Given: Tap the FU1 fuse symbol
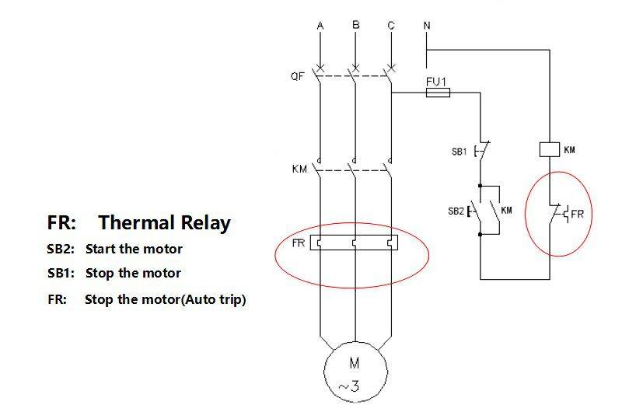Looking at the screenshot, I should pyautogui.click(x=437, y=93).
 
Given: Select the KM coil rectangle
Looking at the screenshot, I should pyautogui.click(x=550, y=149).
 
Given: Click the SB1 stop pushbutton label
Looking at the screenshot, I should pyautogui.click(x=458, y=152).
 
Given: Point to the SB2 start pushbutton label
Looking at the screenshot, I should pyautogui.click(x=456, y=211).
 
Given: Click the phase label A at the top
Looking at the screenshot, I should pyautogui.click(x=320, y=26).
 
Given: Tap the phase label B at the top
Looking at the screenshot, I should pyautogui.click(x=356, y=26).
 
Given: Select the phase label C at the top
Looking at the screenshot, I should pyautogui.click(x=391, y=26).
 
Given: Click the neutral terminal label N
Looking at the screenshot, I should pyautogui.click(x=426, y=26).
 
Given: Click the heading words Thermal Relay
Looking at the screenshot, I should pyautogui.click(x=164, y=223).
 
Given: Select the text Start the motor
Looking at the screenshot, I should pyautogui.click(x=134, y=250).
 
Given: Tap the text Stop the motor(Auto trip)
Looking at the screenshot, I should pyautogui.click(x=165, y=299).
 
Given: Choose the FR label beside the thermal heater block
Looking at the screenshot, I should pyautogui.click(x=298, y=243).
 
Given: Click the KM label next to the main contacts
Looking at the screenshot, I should pyautogui.click(x=299, y=169).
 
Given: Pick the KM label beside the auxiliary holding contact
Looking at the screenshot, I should pyautogui.click(x=506, y=210).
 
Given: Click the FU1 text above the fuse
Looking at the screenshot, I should pyautogui.click(x=435, y=80).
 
